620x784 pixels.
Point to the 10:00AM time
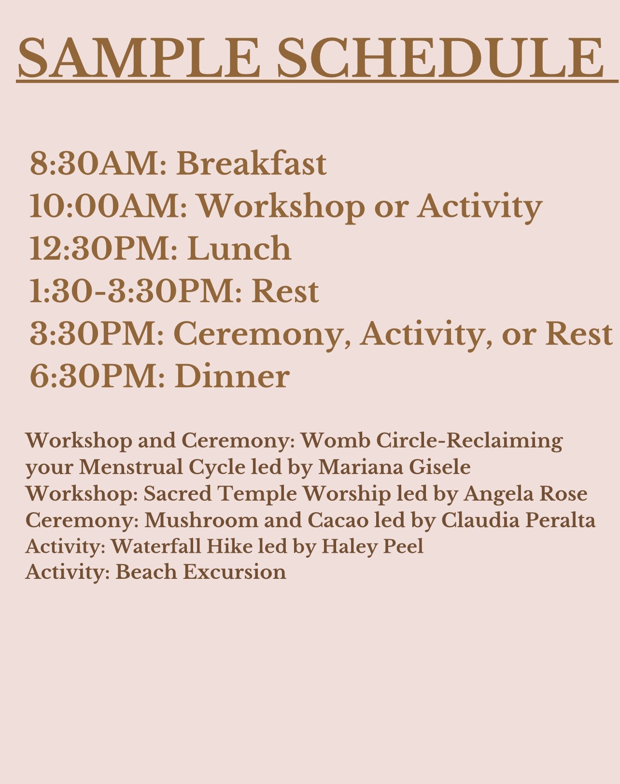(108, 206)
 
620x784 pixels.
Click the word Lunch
(239, 248)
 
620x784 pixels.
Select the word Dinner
(232, 376)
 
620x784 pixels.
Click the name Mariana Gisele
(395, 467)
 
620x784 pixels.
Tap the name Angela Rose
(525, 494)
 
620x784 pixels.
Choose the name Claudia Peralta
(518, 520)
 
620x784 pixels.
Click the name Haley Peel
(372, 547)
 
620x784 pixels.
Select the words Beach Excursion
(201, 572)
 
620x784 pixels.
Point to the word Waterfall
(156, 546)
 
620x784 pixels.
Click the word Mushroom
(201, 520)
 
